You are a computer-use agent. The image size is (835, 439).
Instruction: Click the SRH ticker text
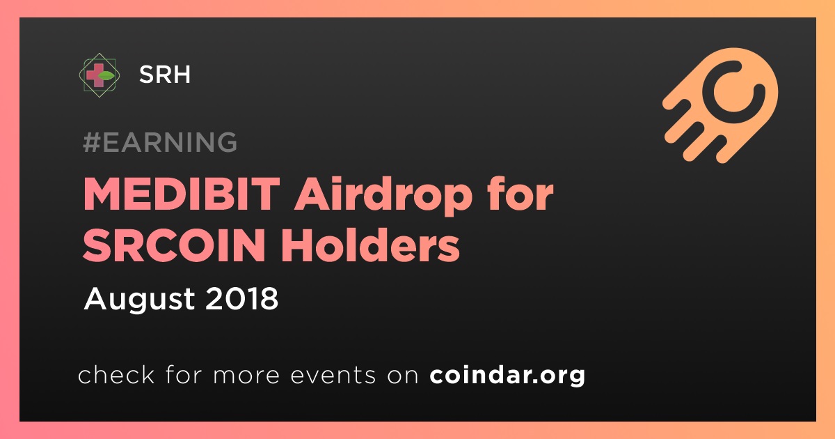(165, 75)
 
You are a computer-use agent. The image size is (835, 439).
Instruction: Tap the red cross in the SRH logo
(93, 75)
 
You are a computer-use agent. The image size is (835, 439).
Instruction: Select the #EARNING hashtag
(160, 142)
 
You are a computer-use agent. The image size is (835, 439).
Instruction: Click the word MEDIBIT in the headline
(182, 194)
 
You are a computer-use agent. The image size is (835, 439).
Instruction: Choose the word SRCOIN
(174, 245)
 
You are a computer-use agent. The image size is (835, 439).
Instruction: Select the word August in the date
(139, 300)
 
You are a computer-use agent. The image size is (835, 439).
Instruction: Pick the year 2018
(241, 298)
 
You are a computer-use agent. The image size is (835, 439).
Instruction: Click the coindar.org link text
(507, 375)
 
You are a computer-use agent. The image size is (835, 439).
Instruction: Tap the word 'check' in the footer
(116, 374)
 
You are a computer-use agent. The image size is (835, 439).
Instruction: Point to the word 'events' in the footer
(333, 376)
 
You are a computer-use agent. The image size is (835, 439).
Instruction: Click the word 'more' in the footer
(246, 376)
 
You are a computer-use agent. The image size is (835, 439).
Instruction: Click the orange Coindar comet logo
(720, 105)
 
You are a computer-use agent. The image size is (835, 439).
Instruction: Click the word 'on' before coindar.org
(403, 376)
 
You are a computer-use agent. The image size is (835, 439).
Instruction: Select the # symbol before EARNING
(91, 142)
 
